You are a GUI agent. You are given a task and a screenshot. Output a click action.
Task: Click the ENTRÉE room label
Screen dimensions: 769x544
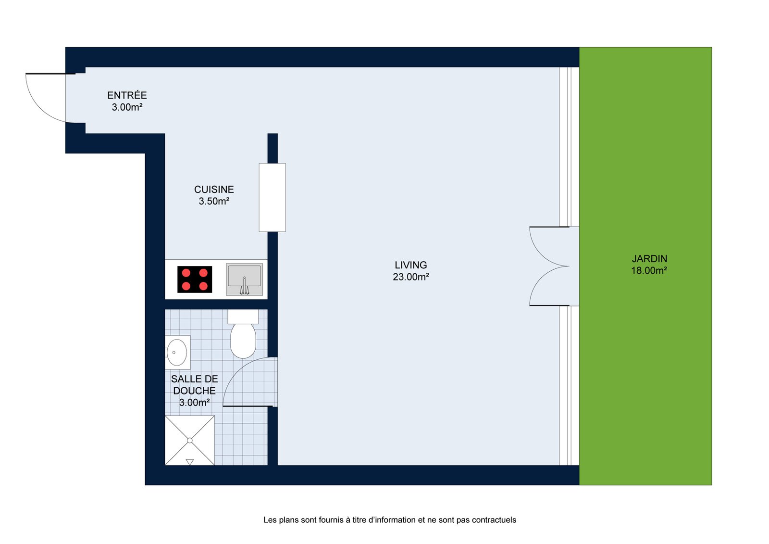tap(127, 95)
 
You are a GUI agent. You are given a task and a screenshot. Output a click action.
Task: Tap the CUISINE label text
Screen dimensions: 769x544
tap(214, 190)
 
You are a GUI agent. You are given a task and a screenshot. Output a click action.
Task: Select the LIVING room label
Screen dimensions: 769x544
tap(410, 265)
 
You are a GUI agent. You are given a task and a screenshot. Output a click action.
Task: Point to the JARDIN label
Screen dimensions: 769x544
tap(649, 259)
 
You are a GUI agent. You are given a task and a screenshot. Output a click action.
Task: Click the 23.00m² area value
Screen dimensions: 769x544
tap(410, 277)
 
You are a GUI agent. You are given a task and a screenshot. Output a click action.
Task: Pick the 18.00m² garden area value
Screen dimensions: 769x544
tap(649, 270)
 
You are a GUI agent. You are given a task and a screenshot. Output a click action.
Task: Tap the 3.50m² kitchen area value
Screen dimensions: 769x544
tap(214, 201)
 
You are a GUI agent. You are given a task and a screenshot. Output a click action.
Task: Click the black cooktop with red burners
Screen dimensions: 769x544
tap(195, 279)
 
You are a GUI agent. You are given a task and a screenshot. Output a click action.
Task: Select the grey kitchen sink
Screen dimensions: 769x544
tap(244, 279)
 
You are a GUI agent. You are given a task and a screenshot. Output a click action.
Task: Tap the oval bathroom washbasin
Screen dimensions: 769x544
tap(177, 352)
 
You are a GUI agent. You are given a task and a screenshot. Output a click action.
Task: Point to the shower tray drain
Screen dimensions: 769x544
tap(190, 440)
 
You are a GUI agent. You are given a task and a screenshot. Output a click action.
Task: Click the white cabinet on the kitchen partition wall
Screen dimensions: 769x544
tap(272, 198)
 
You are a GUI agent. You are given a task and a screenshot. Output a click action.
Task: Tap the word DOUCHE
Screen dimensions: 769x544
tap(194, 391)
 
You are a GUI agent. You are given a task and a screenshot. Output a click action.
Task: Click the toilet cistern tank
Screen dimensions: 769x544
tap(243, 316)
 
